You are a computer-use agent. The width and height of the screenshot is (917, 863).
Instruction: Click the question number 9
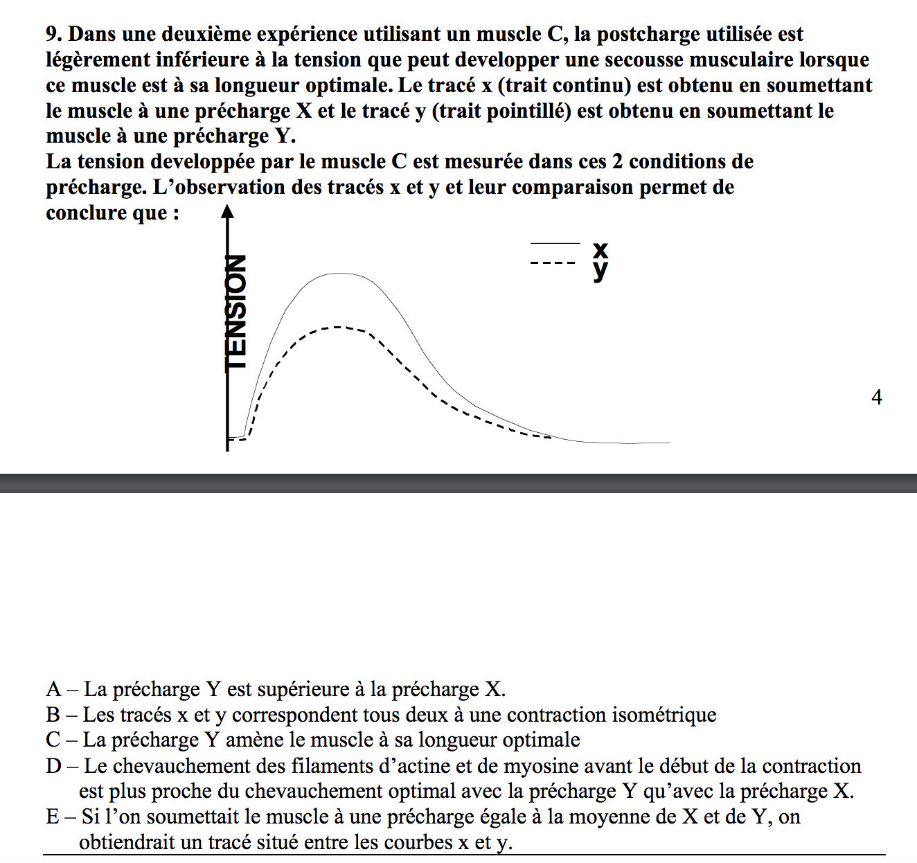53,34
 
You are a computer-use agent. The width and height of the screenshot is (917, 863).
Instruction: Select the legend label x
600,249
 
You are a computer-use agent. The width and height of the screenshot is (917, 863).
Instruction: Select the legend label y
600,269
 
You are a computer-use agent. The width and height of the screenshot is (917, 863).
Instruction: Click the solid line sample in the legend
555,243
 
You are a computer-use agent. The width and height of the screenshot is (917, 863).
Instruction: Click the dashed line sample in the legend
553,263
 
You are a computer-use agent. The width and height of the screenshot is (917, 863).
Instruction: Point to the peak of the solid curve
340,274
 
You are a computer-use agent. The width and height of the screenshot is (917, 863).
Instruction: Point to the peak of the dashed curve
338,327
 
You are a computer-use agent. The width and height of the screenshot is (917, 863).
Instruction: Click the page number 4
876,398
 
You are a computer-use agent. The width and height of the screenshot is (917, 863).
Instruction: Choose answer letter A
54,690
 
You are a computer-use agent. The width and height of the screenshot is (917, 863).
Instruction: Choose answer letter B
53,715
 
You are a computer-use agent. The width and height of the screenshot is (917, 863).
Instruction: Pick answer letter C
54,740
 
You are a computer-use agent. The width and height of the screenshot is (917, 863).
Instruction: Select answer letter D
54,766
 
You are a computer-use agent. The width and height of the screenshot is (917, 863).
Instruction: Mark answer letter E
53,817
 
